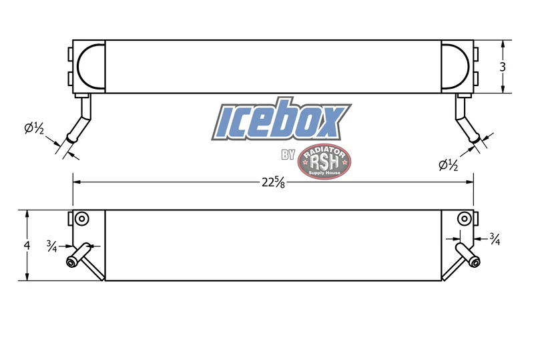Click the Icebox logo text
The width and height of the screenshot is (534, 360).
pyautogui.click(x=281, y=120)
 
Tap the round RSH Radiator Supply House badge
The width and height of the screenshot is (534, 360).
pyautogui.click(x=324, y=161)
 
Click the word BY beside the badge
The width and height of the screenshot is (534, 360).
pyautogui.click(x=288, y=154)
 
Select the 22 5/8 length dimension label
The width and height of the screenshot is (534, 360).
pyautogui.click(x=273, y=182)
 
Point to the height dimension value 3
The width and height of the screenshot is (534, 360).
pyautogui.click(x=503, y=67)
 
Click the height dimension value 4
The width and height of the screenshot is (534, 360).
pyautogui.click(x=27, y=245)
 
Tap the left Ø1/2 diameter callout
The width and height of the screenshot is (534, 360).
pyautogui.click(x=34, y=128)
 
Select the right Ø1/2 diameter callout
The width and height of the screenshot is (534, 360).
pyautogui.click(x=448, y=165)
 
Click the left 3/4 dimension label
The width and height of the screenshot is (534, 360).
pyautogui.click(x=52, y=246)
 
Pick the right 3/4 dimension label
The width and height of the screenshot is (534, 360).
pyautogui.click(x=495, y=239)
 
